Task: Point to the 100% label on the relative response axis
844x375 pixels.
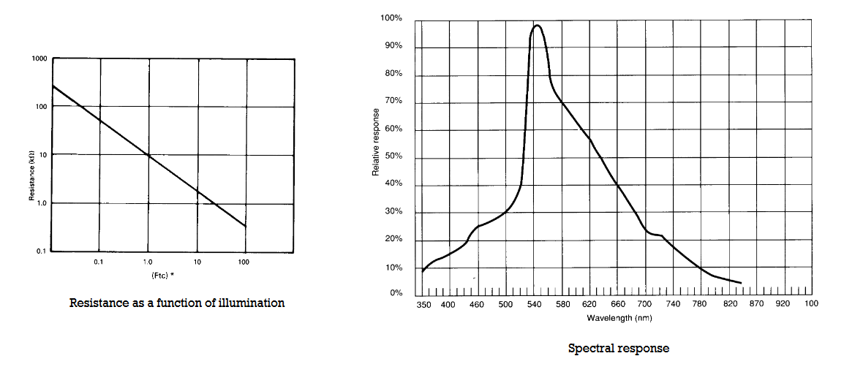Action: click(x=392, y=18)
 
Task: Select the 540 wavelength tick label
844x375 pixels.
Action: click(x=534, y=304)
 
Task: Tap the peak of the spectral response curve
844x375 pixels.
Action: click(x=538, y=26)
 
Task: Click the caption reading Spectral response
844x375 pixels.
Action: click(x=618, y=349)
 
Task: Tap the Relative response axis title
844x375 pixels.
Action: click(x=375, y=142)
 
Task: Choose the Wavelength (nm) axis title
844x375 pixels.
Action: click(x=619, y=318)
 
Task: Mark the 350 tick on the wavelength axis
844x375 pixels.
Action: click(x=424, y=304)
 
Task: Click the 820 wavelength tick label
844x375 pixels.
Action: click(x=729, y=304)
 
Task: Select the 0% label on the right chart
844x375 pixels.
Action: click(x=395, y=293)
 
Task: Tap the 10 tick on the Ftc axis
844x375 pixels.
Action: click(x=197, y=261)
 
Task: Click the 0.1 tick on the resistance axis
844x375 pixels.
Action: click(x=42, y=251)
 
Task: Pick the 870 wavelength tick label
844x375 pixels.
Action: click(x=757, y=304)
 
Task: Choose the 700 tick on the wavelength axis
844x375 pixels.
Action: click(x=645, y=304)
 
